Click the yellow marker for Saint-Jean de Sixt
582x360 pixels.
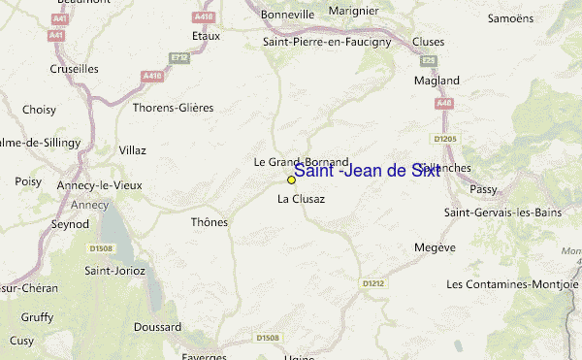coord(291,180)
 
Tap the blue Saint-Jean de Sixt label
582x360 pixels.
coord(366,171)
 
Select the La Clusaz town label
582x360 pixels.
coord(301,199)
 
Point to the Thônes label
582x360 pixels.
coord(209,222)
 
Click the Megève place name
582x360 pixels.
coord(435,247)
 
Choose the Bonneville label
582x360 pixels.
coord(287,16)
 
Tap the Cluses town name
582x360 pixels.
coord(428,42)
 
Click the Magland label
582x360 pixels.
coord(436,81)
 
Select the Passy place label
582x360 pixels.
coord(482,190)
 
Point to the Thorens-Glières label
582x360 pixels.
coord(173,108)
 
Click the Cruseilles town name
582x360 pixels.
coord(75,69)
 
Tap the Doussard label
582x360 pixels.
coord(157,327)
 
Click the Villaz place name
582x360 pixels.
coord(132,150)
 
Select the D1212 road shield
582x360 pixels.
coord(372,283)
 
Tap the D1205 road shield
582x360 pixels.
coord(444,139)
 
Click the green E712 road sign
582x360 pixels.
coord(178,58)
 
